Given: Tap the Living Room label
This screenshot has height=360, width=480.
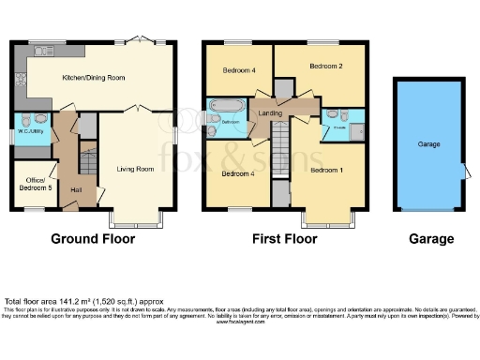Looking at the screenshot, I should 135,169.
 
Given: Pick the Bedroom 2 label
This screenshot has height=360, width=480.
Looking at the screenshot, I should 326,67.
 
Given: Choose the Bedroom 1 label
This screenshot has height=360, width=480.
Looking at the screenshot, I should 327,169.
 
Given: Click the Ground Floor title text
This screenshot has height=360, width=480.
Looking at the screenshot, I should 92,239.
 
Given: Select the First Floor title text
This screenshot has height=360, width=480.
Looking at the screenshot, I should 284,239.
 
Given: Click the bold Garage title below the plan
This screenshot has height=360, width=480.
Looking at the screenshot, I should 431,239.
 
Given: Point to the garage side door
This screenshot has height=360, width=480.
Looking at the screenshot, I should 465,172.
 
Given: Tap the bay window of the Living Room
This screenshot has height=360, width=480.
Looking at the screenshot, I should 136,222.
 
